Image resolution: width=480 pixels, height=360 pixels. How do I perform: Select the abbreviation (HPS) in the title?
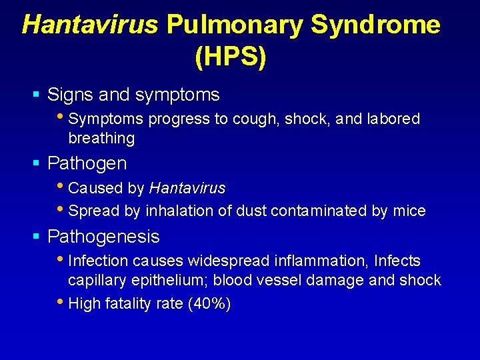tap(231, 57)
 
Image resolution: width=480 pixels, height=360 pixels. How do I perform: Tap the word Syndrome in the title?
tap(376, 25)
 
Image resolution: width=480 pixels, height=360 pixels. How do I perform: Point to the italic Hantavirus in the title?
tap(90, 25)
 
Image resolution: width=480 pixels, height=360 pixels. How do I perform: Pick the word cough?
tap(258, 119)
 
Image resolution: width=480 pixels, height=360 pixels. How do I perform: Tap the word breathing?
tap(101, 139)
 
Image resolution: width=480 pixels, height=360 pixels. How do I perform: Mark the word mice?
tap(409, 211)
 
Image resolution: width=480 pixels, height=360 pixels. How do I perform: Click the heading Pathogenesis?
tap(103, 237)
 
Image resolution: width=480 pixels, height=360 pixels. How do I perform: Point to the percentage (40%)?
tap(210, 304)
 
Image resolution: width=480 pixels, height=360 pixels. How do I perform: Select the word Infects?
tap(398, 261)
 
